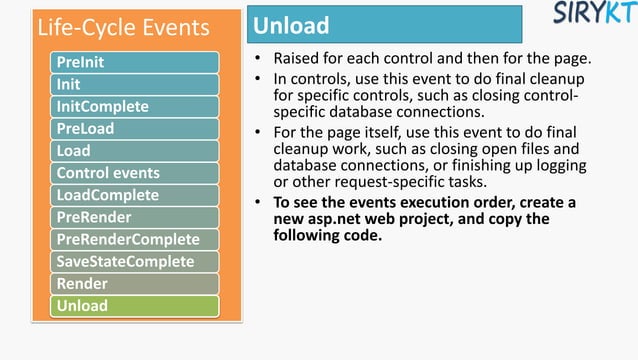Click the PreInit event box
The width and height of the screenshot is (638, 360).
click(x=134, y=62)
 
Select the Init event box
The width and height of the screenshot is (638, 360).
click(x=134, y=84)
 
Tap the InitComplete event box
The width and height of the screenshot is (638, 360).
click(x=134, y=106)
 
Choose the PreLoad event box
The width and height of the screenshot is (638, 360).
click(x=134, y=128)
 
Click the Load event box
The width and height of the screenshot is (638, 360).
click(x=134, y=150)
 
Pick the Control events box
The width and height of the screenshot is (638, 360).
click(x=134, y=173)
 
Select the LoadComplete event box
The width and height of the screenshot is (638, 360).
click(x=134, y=195)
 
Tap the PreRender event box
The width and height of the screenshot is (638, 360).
click(x=134, y=217)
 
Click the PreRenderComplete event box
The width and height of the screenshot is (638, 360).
click(x=134, y=239)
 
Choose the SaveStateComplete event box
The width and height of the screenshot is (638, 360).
click(x=134, y=261)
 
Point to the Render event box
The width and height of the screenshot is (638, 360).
click(x=134, y=283)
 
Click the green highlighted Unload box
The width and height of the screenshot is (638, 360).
click(x=134, y=305)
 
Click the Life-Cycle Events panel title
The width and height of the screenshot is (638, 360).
click(x=123, y=27)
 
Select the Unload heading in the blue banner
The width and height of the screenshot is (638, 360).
click(x=292, y=25)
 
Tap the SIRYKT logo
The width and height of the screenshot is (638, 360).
click(x=592, y=14)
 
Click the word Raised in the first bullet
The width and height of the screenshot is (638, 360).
click(x=297, y=58)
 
